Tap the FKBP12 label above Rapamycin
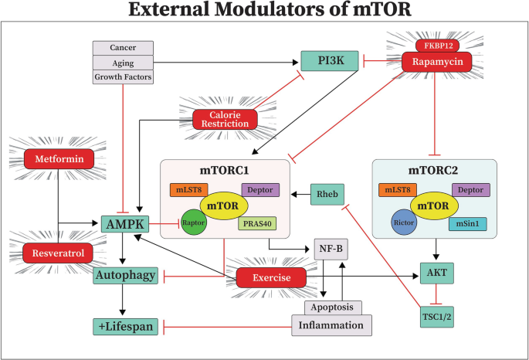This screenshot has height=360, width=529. [437, 45]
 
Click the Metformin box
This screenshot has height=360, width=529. [59, 160]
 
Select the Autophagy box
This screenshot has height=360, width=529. [126, 274]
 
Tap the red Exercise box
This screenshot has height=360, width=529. [270, 276]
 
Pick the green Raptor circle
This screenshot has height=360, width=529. [193, 222]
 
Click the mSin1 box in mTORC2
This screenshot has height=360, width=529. [468, 224]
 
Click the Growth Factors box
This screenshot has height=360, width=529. [122, 76]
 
